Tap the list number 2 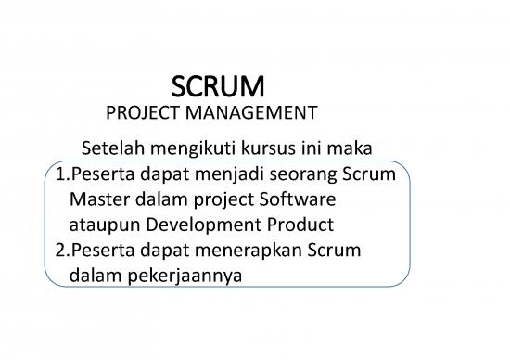(x=55, y=251)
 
